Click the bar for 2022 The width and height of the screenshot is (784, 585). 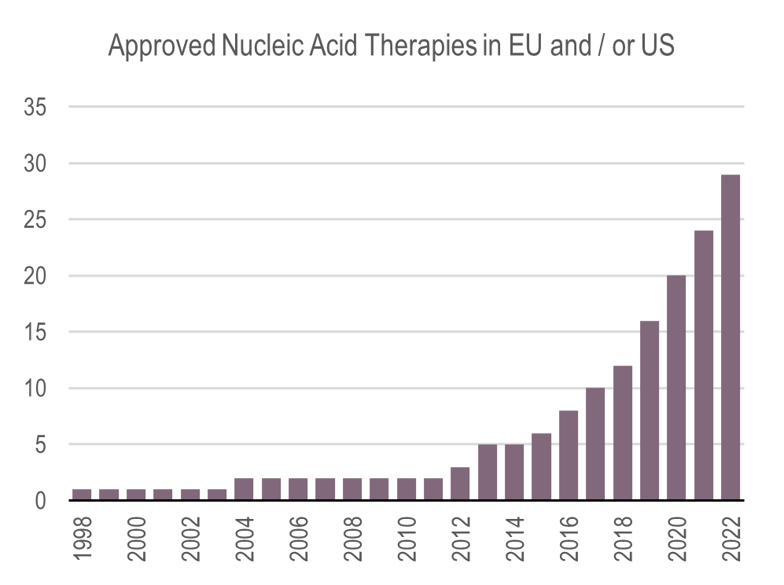tap(731, 337)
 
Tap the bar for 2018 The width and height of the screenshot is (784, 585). tap(623, 432)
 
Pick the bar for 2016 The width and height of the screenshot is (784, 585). tap(569, 455)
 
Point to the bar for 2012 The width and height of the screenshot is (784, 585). tap(461, 484)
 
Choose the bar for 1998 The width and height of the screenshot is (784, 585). tap(82, 495)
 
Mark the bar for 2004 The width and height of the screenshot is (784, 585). tap(244, 489)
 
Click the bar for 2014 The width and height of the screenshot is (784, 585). tap(514, 472)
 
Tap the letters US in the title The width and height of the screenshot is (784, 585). tap(657, 47)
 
